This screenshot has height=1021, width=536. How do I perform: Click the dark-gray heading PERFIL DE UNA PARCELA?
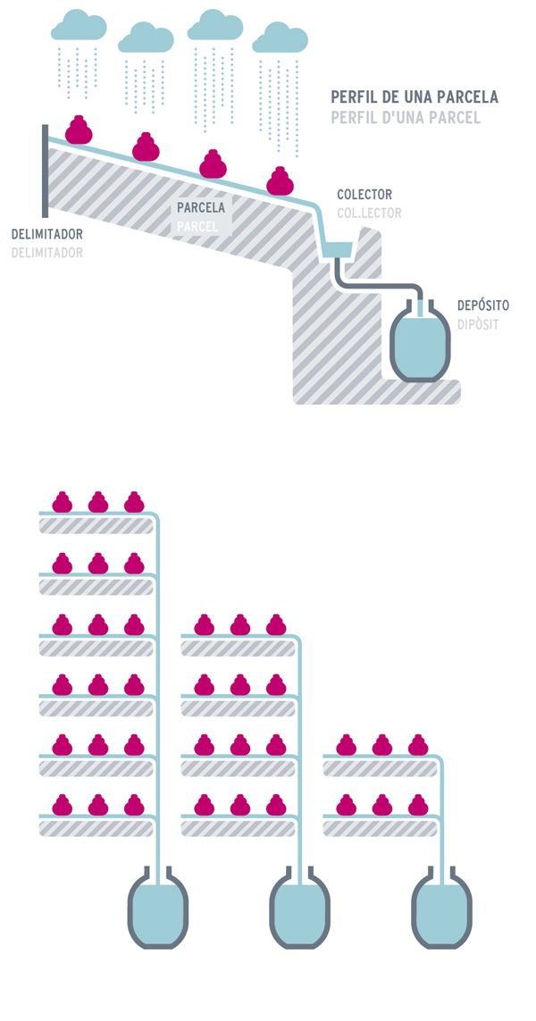tap(414, 96)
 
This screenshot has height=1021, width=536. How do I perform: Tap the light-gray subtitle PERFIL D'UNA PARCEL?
tap(406, 117)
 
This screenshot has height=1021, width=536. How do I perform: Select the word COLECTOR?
tap(364, 195)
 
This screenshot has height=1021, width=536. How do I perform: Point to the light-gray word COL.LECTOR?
tap(369, 213)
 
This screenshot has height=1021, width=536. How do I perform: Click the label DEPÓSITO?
tap(482, 305)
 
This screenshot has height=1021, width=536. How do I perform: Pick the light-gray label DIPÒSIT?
tap(477, 324)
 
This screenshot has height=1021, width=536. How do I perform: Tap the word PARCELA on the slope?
tap(201, 208)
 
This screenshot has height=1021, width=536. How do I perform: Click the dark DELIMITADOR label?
tap(46, 235)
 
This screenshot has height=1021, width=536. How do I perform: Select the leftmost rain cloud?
tap(79, 25)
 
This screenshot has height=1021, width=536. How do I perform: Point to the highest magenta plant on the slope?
tap(80, 130)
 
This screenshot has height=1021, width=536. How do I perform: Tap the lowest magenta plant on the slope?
tap(281, 180)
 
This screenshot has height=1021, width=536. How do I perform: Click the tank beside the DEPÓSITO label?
tap(420, 344)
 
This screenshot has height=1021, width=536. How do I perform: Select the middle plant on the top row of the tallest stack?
tap(98, 502)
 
